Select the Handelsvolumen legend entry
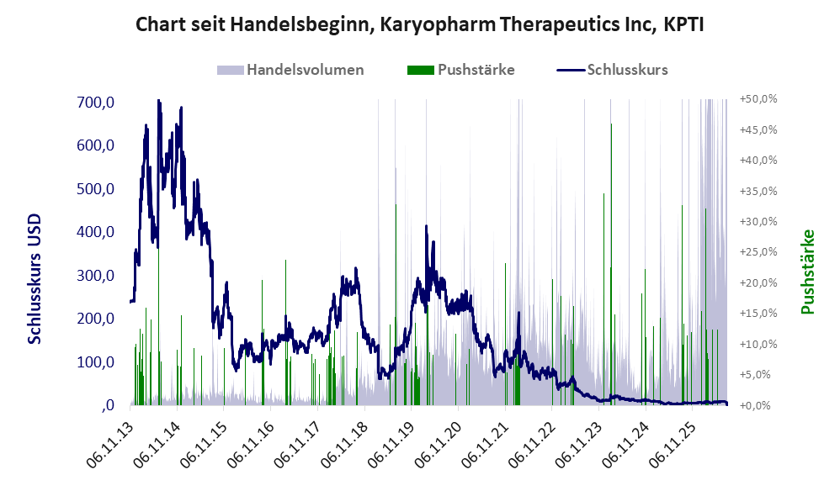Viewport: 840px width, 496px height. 290,70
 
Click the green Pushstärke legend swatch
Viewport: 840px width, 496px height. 421,70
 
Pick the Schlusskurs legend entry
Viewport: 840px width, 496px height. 612,70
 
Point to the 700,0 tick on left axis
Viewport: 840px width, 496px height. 95,102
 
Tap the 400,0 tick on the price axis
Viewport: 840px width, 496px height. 95,232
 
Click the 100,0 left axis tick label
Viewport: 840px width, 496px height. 95,362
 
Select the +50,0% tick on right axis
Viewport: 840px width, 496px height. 758,99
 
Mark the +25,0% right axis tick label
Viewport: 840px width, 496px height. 758,252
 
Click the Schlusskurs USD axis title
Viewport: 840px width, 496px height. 35,279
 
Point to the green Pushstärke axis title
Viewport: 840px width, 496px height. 808,272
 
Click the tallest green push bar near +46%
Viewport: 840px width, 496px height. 611,264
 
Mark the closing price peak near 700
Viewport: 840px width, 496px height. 158,101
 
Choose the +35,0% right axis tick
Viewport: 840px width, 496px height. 758,191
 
